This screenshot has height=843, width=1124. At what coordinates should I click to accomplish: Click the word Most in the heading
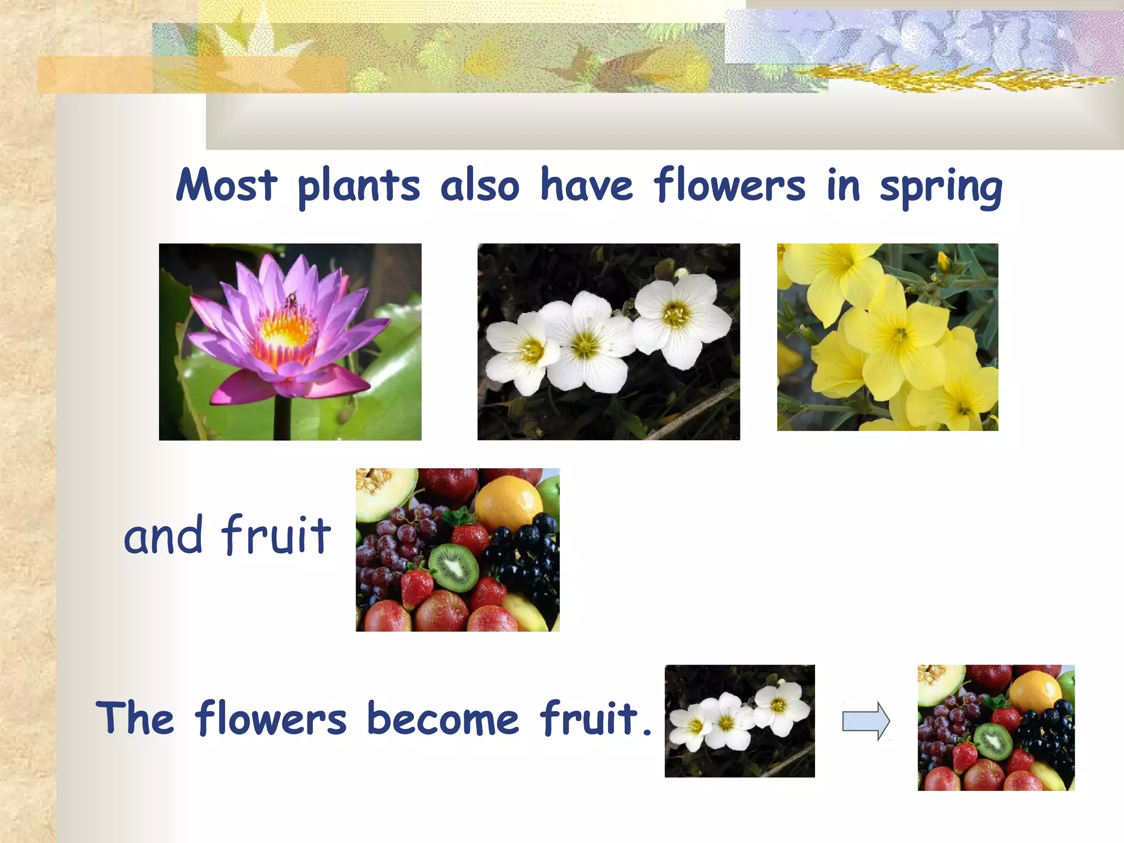(x=226, y=186)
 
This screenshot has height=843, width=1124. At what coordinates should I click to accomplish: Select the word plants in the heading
(x=359, y=187)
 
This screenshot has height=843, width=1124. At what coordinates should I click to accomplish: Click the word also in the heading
(x=480, y=186)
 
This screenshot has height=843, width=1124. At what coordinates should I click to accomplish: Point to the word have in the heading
(x=586, y=186)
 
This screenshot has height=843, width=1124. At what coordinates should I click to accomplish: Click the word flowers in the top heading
(x=729, y=186)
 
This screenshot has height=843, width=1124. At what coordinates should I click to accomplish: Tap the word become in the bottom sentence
(x=442, y=718)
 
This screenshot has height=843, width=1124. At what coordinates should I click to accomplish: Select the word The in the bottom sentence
(x=135, y=717)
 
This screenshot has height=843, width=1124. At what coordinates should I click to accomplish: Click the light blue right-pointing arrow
(x=866, y=721)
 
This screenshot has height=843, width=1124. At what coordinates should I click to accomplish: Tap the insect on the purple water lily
(x=292, y=300)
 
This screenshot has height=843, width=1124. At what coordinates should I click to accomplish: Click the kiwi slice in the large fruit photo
(x=453, y=567)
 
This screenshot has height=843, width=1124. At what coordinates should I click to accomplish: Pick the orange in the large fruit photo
(x=507, y=504)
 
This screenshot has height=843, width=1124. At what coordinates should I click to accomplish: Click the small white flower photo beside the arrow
(x=739, y=721)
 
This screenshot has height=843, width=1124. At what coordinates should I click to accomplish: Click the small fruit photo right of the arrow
(x=996, y=727)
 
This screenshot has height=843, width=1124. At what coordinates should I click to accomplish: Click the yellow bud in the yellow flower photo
(x=943, y=261)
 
